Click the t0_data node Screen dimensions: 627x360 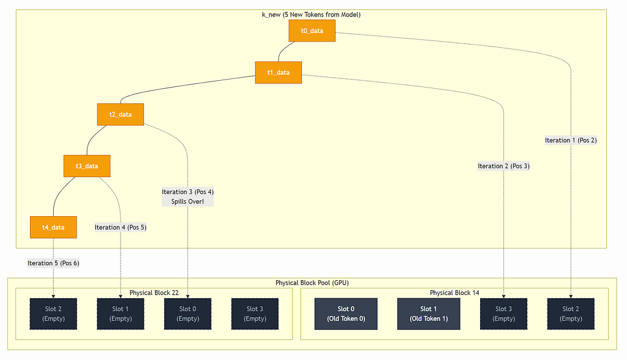pyautogui.click(x=312, y=31)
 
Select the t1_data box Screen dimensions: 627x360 pyautogui.click(x=279, y=72)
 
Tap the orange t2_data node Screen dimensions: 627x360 pyautogui.click(x=121, y=114)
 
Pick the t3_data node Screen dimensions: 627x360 pyautogui.click(x=87, y=166)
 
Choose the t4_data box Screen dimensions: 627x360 pyautogui.click(x=53, y=227)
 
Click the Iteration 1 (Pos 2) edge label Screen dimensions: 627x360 pyautogui.click(x=571, y=140)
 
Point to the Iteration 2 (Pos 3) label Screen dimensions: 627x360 pyautogui.click(x=503, y=166)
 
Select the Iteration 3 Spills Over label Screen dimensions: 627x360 pyautogui.click(x=187, y=197)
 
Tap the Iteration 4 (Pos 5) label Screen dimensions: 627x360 pyautogui.click(x=121, y=228)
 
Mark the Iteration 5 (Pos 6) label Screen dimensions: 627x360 pyautogui.click(x=53, y=263)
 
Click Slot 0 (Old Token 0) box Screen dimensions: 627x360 pyautogui.click(x=346, y=314)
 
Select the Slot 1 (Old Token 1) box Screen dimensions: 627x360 pyautogui.click(x=429, y=314)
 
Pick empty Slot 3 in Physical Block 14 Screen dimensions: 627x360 pyautogui.click(x=503, y=314)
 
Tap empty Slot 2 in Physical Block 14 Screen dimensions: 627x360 pyautogui.click(x=571, y=314)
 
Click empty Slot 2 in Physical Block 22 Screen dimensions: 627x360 pyautogui.click(x=53, y=314)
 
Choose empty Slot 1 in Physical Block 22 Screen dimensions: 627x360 pyautogui.click(x=121, y=314)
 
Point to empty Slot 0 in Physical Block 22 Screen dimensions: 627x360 pyautogui.click(x=187, y=314)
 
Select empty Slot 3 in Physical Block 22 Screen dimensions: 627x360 pyautogui.click(x=255, y=314)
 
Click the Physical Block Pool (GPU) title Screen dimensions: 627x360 pyautogui.click(x=312, y=283)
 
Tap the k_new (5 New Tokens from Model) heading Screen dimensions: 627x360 pyautogui.click(x=311, y=15)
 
